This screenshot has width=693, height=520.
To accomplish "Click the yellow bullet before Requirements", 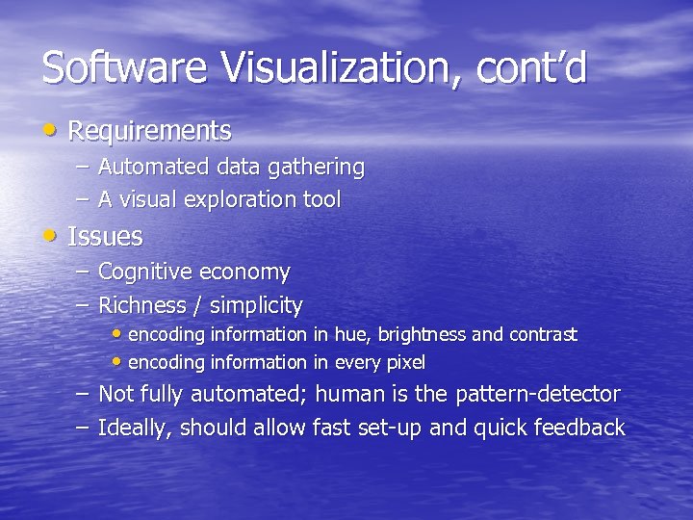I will click(50, 128).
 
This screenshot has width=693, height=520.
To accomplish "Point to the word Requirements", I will click(149, 130).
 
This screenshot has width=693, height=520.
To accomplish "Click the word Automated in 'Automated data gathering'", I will click(153, 167).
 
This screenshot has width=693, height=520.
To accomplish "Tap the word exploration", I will click(241, 201).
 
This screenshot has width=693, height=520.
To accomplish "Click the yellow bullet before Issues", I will click(50, 234).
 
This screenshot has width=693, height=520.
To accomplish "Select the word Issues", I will click(105, 236).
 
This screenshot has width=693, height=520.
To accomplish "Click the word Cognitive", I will click(145, 273).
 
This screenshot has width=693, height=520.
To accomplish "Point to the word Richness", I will click(141, 305).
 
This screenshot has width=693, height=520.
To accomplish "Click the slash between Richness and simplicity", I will click(197, 306).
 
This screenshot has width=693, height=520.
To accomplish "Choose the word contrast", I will click(543, 335).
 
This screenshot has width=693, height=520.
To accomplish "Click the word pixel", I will click(406, 363).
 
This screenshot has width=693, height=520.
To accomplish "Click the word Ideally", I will click(135, 428).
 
